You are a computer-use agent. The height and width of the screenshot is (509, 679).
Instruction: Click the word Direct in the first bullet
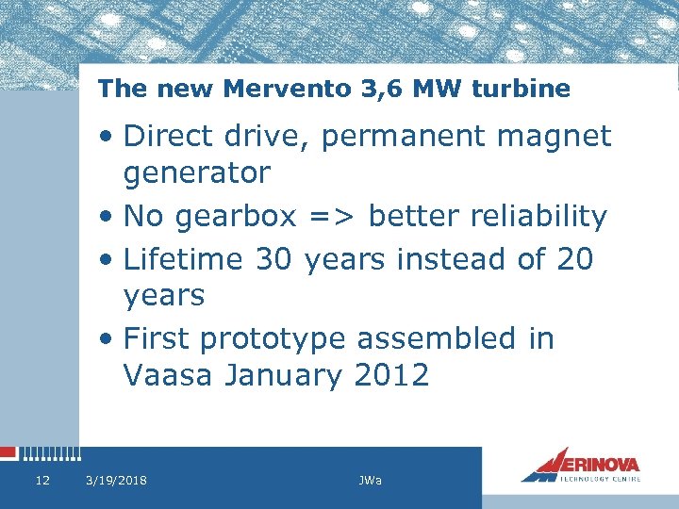[171, 136]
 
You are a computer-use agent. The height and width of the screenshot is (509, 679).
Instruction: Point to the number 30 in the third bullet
[274, 257]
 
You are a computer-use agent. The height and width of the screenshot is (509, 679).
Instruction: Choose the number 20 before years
[574, 257]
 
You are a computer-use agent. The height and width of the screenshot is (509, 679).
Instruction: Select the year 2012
[391, 375]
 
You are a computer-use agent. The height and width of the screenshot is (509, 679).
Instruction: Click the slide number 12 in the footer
[41, 481]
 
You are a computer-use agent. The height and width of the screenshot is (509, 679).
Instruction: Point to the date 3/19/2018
[116, 481]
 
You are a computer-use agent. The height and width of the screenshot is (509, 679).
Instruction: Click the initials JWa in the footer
[370, 481]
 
